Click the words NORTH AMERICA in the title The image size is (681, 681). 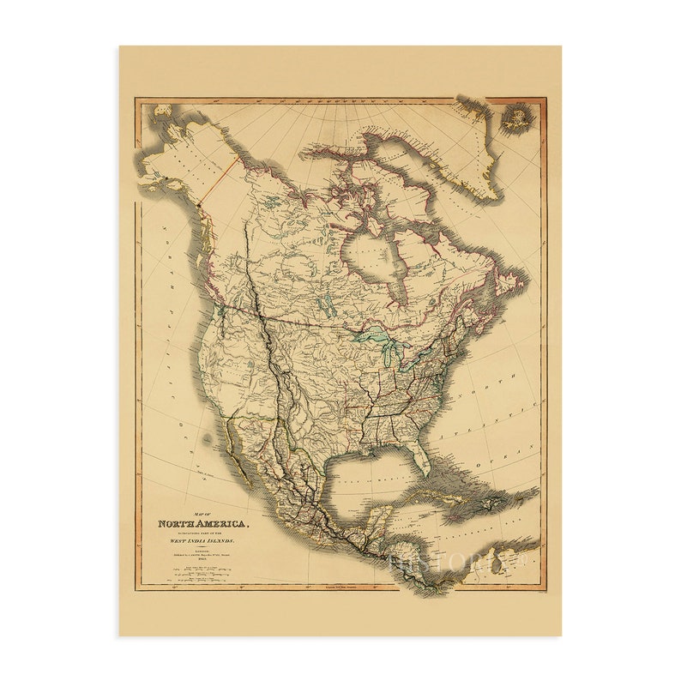click(203, 523)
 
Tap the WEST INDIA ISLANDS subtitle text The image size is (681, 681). click(202, 543)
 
